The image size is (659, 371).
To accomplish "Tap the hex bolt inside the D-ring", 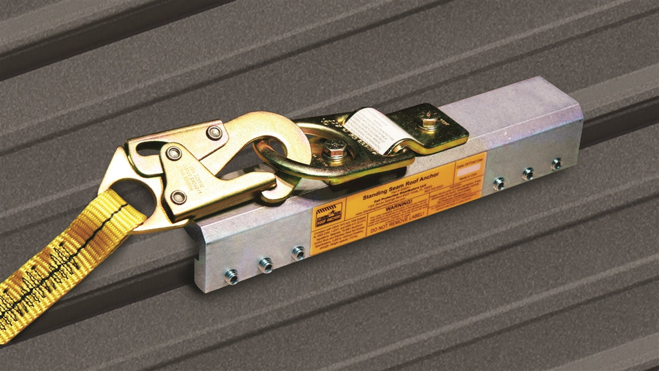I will pyautogui.click(x=335, y=152).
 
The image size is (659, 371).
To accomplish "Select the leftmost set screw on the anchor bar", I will pyautogui.click(x=232, y=277).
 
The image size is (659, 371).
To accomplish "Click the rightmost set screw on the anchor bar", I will pyautogui.click(x=557, y=164).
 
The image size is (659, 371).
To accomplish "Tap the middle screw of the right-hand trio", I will pyautogui.click(x=528, y=173).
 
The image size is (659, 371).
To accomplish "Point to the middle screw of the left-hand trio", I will pyautogui.click(x=265, y=264).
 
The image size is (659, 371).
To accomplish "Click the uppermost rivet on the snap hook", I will pyautogui.click(x=214, y=133).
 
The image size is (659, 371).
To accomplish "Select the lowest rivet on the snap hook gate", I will pyautogui.click(x=178, y=197).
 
